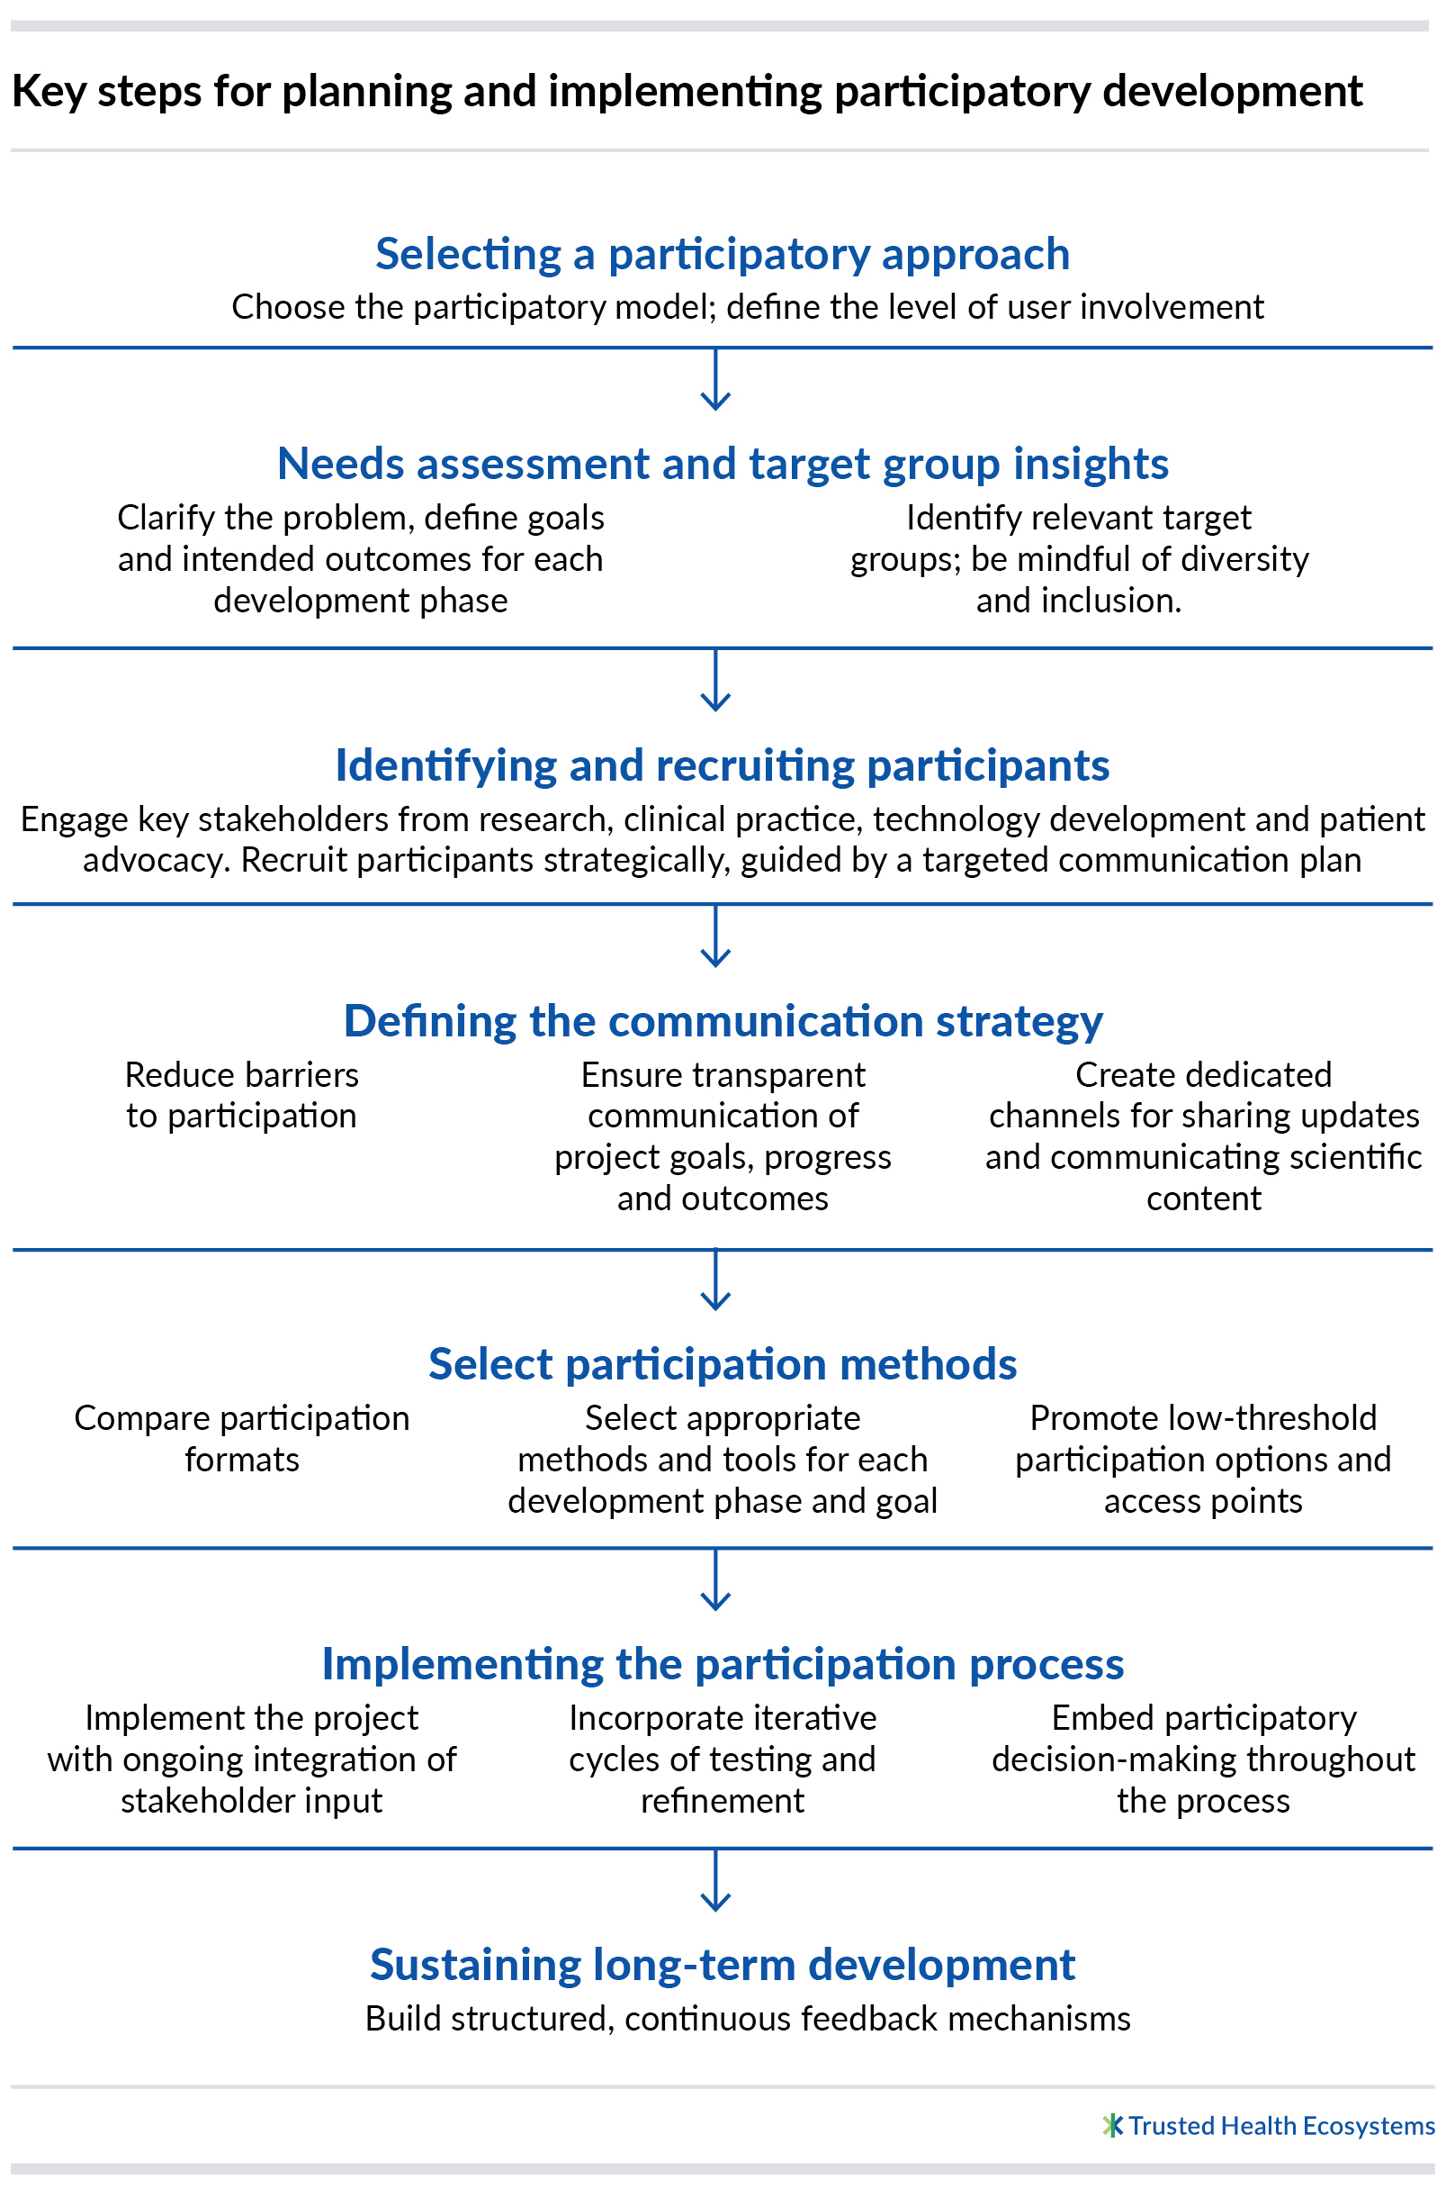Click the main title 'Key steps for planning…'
coord(687,92)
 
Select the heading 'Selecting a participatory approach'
coord(722,254)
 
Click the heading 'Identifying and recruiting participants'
coord(722,765)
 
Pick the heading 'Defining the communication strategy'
coord(723,1021)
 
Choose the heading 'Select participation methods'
coord(722,1364)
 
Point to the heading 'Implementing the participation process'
coord(722,1665)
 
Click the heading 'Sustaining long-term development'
coord(722,1965)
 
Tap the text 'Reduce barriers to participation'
coord(242,1095)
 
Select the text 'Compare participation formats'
coord(242,1438)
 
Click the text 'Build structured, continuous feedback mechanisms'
coord(748,2019)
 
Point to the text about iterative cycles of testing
coord(722,1759)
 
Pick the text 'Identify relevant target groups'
coord(1079,538)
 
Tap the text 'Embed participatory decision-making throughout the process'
coord(1203,1759)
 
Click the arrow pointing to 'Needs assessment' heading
coord(715,379)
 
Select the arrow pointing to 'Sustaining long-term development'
coord(715,1879)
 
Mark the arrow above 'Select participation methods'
coord(715,1280)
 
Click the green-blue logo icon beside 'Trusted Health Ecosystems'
coord(1113,2124)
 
